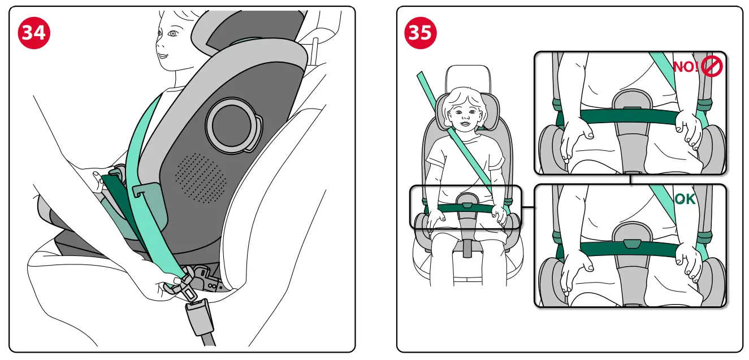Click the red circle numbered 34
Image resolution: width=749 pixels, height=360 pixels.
click(x=33, y=33)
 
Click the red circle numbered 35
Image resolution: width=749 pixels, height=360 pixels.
click(x=420, y=33)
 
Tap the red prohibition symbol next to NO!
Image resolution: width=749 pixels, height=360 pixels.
click(x=712, y=67)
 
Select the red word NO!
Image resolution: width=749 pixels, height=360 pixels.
click(x=685, y=67)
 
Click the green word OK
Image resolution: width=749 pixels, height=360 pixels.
click(x=685, y=199)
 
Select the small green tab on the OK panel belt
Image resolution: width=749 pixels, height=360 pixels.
click(x=633, y=244)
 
